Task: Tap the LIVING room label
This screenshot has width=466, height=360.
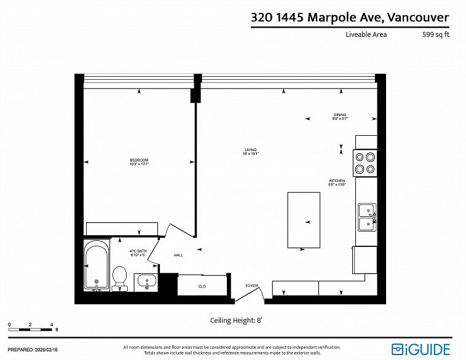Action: point(250,151)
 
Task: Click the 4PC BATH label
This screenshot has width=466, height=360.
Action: point(137,252)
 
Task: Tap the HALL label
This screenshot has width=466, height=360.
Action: point(178,255)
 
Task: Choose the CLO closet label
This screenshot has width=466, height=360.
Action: point(202,286)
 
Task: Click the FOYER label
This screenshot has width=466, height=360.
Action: point(251,286)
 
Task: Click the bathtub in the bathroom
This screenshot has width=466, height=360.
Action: point(97,265)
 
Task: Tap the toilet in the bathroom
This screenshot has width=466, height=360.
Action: point(120,276)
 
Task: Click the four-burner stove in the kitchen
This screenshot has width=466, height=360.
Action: point(365,163)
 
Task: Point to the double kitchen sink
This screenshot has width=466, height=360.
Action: point(367,217)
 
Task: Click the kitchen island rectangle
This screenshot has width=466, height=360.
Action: point(304,220)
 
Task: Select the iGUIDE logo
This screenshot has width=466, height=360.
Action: point(421,349)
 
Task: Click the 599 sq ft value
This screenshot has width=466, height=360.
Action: point(435,34)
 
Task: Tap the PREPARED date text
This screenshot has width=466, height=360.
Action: point(33,349)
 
